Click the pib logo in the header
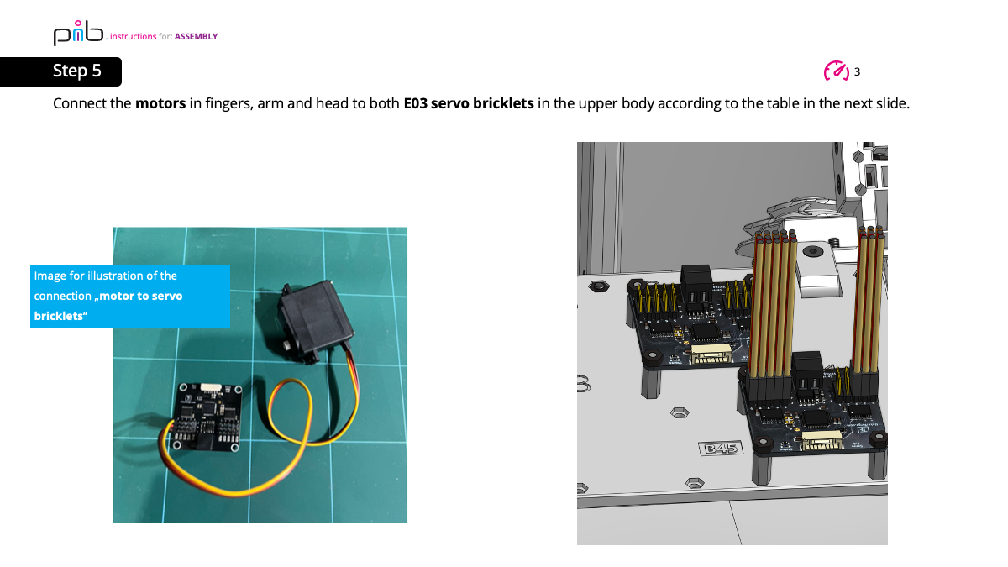78,33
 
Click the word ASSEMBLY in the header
196,37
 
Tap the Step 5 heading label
76,71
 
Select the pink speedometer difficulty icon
836,71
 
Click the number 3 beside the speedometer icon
857,72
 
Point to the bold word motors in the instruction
160,104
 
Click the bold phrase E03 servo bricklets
468,104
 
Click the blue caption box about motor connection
129,296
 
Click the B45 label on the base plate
721,449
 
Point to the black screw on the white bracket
811,250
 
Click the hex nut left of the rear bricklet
598,287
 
